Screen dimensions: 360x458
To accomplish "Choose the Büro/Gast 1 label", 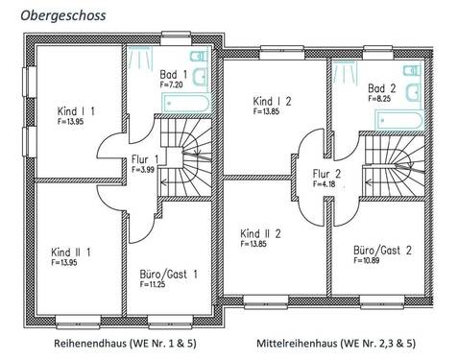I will pyautogui.click(x=169, y=274).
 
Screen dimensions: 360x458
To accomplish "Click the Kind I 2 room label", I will pyautogui.click(x=274, y=101).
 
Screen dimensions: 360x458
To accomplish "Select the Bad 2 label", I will pyautogui.click(x=383, y=86).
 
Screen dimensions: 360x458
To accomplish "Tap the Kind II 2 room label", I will pyautogui.click(x=260, y=234).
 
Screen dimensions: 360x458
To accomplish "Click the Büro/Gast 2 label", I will pyautogui.click(x=383, y=250).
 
